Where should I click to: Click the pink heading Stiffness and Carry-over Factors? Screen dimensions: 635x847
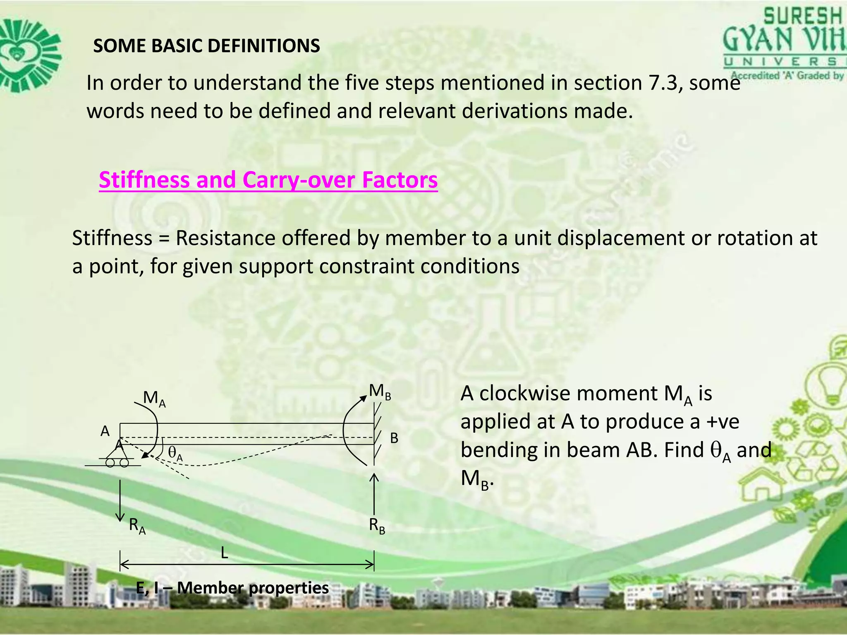coord(268,180)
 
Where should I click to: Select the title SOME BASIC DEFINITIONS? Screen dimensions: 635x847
coord(206,46)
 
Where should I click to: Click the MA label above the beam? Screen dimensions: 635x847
coord(154,399)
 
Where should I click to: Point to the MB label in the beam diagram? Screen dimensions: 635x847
coord(380,392)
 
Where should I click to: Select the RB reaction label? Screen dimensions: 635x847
coord(377,526)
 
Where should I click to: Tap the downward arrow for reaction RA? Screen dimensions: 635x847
coord(120,500)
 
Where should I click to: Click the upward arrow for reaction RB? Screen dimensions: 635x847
coord(374,494)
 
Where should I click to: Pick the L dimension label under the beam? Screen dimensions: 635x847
coord(224,553)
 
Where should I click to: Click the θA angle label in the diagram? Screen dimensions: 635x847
coord(175,454)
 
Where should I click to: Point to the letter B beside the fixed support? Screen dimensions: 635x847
coord(394,438)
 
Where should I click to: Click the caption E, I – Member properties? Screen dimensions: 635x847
coord(232,588)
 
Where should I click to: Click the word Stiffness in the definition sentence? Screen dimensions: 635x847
coord(112,239)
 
